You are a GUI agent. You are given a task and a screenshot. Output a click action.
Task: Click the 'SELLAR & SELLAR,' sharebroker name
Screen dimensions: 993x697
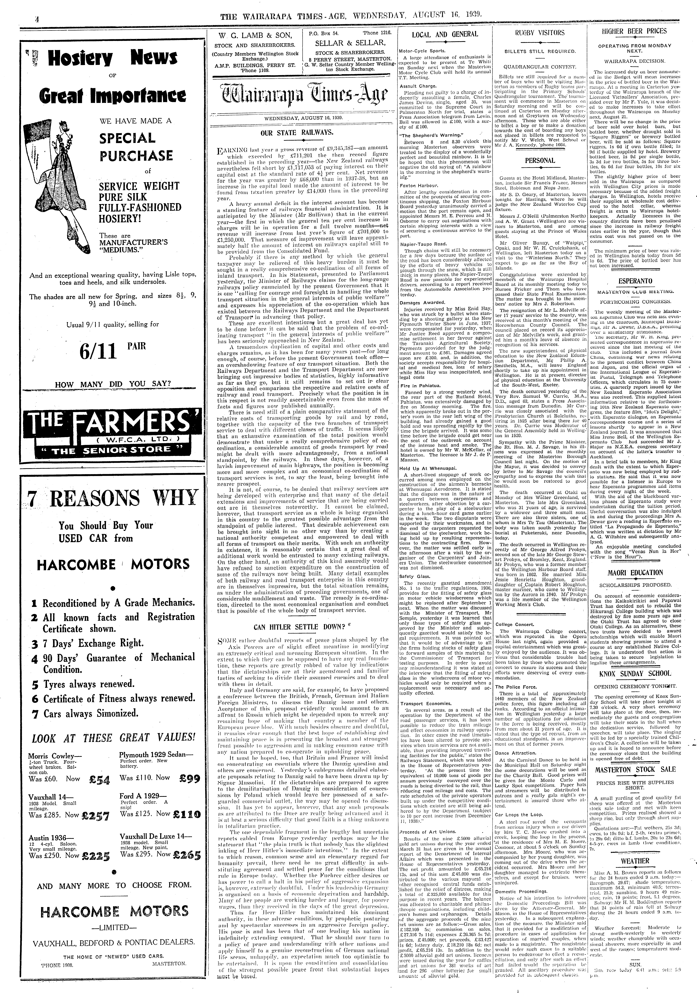point(350,43)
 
